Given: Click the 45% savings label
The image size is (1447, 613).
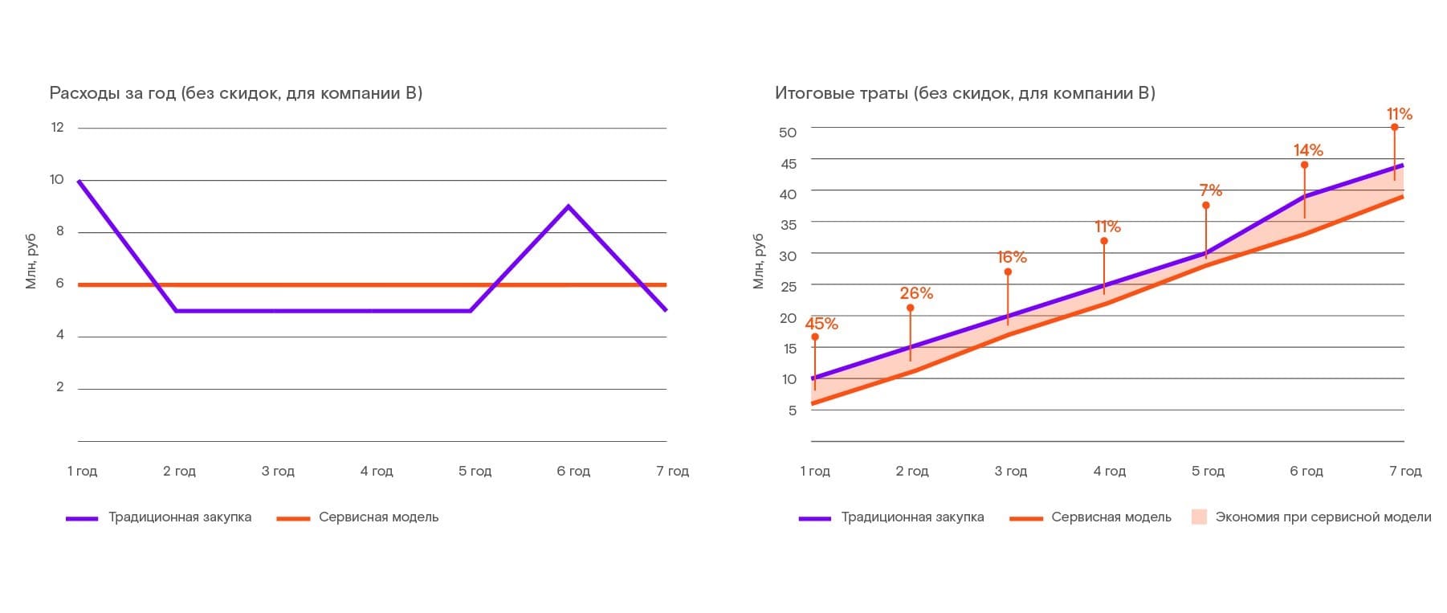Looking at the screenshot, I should click(821, 324).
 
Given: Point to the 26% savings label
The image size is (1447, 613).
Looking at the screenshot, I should click(916, 293).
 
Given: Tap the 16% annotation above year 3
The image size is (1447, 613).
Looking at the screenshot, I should click(1012, 257).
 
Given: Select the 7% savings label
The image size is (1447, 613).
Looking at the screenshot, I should click(1210, 190).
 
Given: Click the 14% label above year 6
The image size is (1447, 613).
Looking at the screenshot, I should click(1308, 150).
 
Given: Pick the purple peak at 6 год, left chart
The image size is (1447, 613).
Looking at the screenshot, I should click(569, 206).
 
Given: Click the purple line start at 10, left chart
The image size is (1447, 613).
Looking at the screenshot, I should click(79, 181).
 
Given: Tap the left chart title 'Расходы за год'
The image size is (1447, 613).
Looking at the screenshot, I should click(235, 93).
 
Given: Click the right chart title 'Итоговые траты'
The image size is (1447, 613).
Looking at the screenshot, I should click(964, 93).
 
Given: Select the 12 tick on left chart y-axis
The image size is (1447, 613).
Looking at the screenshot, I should click(57, 127).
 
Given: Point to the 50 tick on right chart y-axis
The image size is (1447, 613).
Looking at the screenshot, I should click(788, 133).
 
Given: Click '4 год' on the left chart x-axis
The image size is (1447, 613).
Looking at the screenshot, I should click(377, 471).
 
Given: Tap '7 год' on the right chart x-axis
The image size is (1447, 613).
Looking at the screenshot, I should click(1405, 471).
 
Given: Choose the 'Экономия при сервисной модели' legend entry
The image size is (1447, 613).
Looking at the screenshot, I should click(1323, 517).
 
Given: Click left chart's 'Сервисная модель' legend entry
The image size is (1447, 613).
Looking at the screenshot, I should click(378, 517).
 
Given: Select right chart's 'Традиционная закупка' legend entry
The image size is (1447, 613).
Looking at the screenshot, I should click(912, 517).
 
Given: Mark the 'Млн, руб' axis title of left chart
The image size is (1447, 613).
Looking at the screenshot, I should click(31, 261).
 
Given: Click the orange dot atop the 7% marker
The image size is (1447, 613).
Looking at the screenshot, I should click(1205, 206).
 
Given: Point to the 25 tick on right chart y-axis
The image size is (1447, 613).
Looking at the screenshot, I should click(788, 286).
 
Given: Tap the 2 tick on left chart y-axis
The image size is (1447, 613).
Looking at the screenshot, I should click(60, 387).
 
